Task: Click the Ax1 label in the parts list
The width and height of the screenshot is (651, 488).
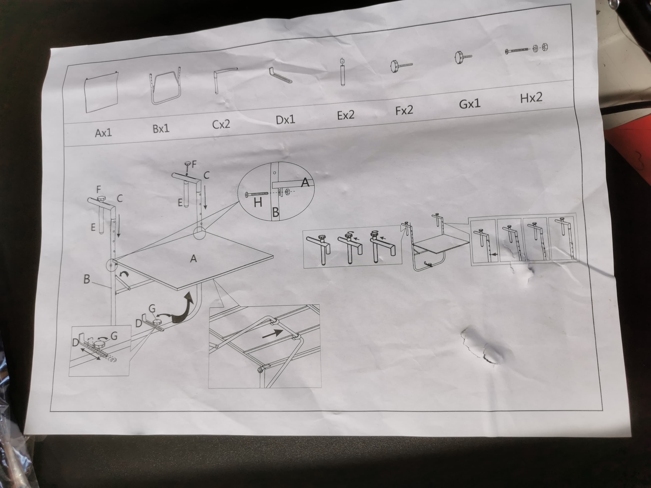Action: pos(103,133)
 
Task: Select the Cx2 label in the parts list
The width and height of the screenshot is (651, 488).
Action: pos(221,124)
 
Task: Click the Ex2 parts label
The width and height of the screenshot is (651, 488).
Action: pos(346,115)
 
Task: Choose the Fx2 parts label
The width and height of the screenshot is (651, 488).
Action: pos(404,110)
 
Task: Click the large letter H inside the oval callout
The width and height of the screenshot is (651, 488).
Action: pos(258,202)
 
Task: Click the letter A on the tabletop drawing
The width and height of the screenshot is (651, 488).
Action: pos(193,259)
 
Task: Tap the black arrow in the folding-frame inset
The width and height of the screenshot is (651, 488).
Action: pos(272,334)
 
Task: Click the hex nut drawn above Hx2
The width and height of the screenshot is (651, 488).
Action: pos(544,47)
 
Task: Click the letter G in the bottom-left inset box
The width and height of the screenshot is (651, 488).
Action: pos(114,336)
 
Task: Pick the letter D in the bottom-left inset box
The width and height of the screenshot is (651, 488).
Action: pos(76,343)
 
